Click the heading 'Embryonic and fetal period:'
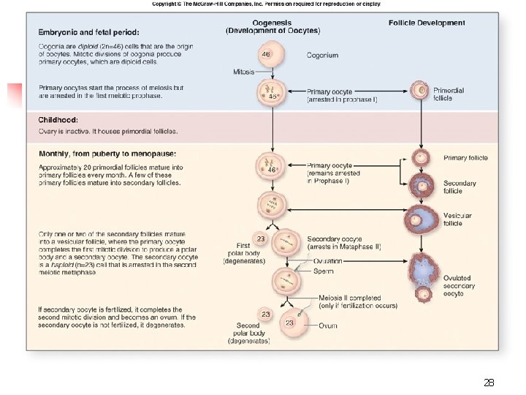coord(88,32)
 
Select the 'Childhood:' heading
coord(58,119)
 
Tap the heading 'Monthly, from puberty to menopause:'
coord(107,154)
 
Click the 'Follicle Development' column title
coord(427,23)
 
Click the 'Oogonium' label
coord(322,55)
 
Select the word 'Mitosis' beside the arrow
coord(243,72)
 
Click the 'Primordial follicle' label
coord(449,94)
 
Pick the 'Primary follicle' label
coord(465,157)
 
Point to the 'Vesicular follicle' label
coord(457,219)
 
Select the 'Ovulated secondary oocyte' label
coord(457,285)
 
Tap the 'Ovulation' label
coord(327,261)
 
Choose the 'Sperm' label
coord(323,271)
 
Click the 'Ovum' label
coord(327,326)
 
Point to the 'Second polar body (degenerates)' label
coord(248,333)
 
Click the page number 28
coord(489,383)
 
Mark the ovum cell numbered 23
coord(290,323)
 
